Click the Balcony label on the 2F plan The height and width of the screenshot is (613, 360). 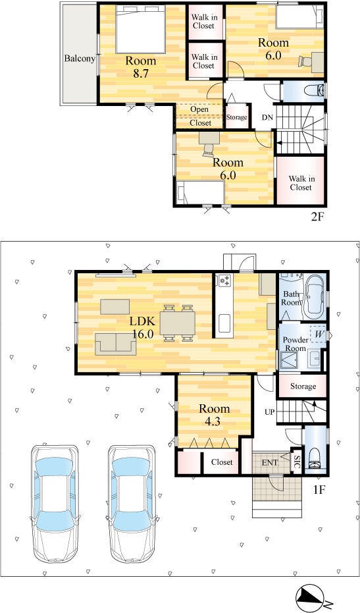[80, 59]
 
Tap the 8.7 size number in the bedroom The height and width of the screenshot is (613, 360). [140, 74]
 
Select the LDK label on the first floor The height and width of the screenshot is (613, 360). [143, 322]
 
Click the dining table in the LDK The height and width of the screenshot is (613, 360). [178, 323]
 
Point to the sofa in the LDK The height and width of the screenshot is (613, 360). [116, 344]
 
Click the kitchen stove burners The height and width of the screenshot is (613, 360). [225, 280]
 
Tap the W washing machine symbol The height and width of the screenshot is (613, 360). [318, 334]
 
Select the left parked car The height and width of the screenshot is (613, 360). [55, 503]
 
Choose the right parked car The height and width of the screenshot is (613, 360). [132, 503]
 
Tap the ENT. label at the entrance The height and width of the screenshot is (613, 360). [270, 462]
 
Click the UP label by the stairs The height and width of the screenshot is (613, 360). [269, 412]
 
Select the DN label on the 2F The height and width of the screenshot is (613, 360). [267, 117]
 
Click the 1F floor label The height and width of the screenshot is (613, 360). [319, 489]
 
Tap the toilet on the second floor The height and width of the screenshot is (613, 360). [314, 91]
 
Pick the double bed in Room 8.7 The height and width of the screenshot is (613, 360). [140, 29]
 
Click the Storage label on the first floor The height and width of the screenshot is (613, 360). [303, 386]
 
